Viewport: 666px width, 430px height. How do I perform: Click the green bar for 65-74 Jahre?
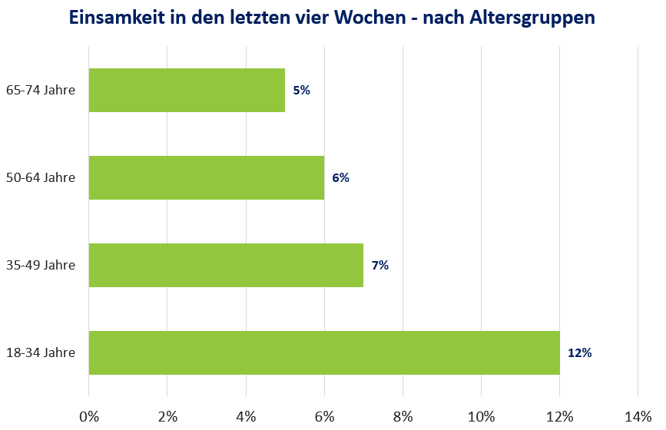[187, 90]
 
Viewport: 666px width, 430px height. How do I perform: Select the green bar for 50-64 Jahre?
[206, 177]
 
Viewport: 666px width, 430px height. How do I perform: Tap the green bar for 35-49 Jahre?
[226, 265]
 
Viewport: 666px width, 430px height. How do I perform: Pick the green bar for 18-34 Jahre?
[324, 352]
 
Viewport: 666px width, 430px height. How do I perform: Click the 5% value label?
[301, 90]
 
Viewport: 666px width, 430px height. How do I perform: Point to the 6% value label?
[340, 177]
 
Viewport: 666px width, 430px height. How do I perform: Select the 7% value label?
[379, 265]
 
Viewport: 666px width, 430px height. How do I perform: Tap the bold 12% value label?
[579, 353]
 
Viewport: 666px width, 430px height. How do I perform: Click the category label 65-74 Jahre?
[40, 90]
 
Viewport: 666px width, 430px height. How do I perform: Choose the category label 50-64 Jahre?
[40, 177]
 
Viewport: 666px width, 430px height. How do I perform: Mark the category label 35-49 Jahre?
[40, 265]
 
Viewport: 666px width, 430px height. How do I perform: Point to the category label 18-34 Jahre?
[40, 353]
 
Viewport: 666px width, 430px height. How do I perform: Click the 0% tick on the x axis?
[89, 416]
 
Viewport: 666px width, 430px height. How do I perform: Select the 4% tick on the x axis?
[246, 416]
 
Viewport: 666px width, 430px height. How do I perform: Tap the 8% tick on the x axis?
[403, 416]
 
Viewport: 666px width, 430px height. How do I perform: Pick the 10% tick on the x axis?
[481, 416]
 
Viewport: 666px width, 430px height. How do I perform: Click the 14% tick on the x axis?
[638, 416]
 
